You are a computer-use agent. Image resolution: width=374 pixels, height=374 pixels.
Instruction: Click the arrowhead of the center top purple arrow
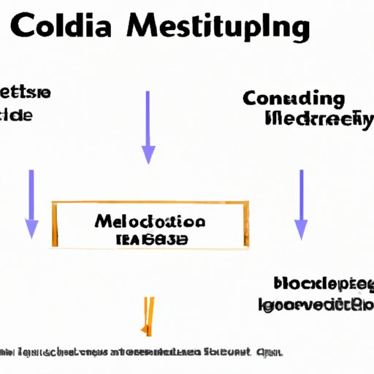coord(148,154)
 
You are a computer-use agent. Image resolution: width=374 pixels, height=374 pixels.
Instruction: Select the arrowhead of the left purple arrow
coord(31,229)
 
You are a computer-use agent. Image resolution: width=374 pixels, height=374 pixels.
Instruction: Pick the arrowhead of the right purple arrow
coord(300,231)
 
